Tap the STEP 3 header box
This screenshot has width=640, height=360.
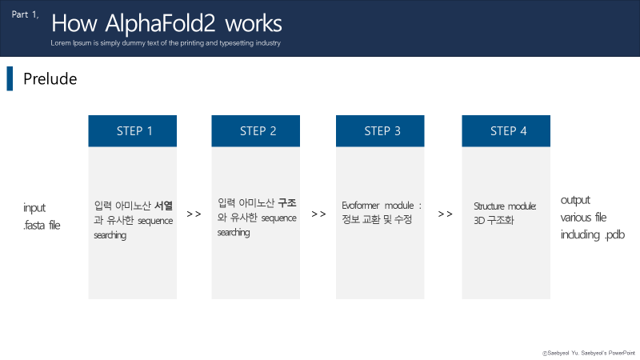[x=382, y=131]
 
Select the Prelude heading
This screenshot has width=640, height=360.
[x=50, y=79]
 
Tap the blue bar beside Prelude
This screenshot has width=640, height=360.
[x=10, y=79]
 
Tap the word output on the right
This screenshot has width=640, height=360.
[x=575, y=200]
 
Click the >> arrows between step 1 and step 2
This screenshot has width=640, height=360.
[x=194, y=214]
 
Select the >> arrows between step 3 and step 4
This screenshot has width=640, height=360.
[x=445, y=214]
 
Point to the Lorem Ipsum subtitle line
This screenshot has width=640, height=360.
[x=165, y=42]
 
